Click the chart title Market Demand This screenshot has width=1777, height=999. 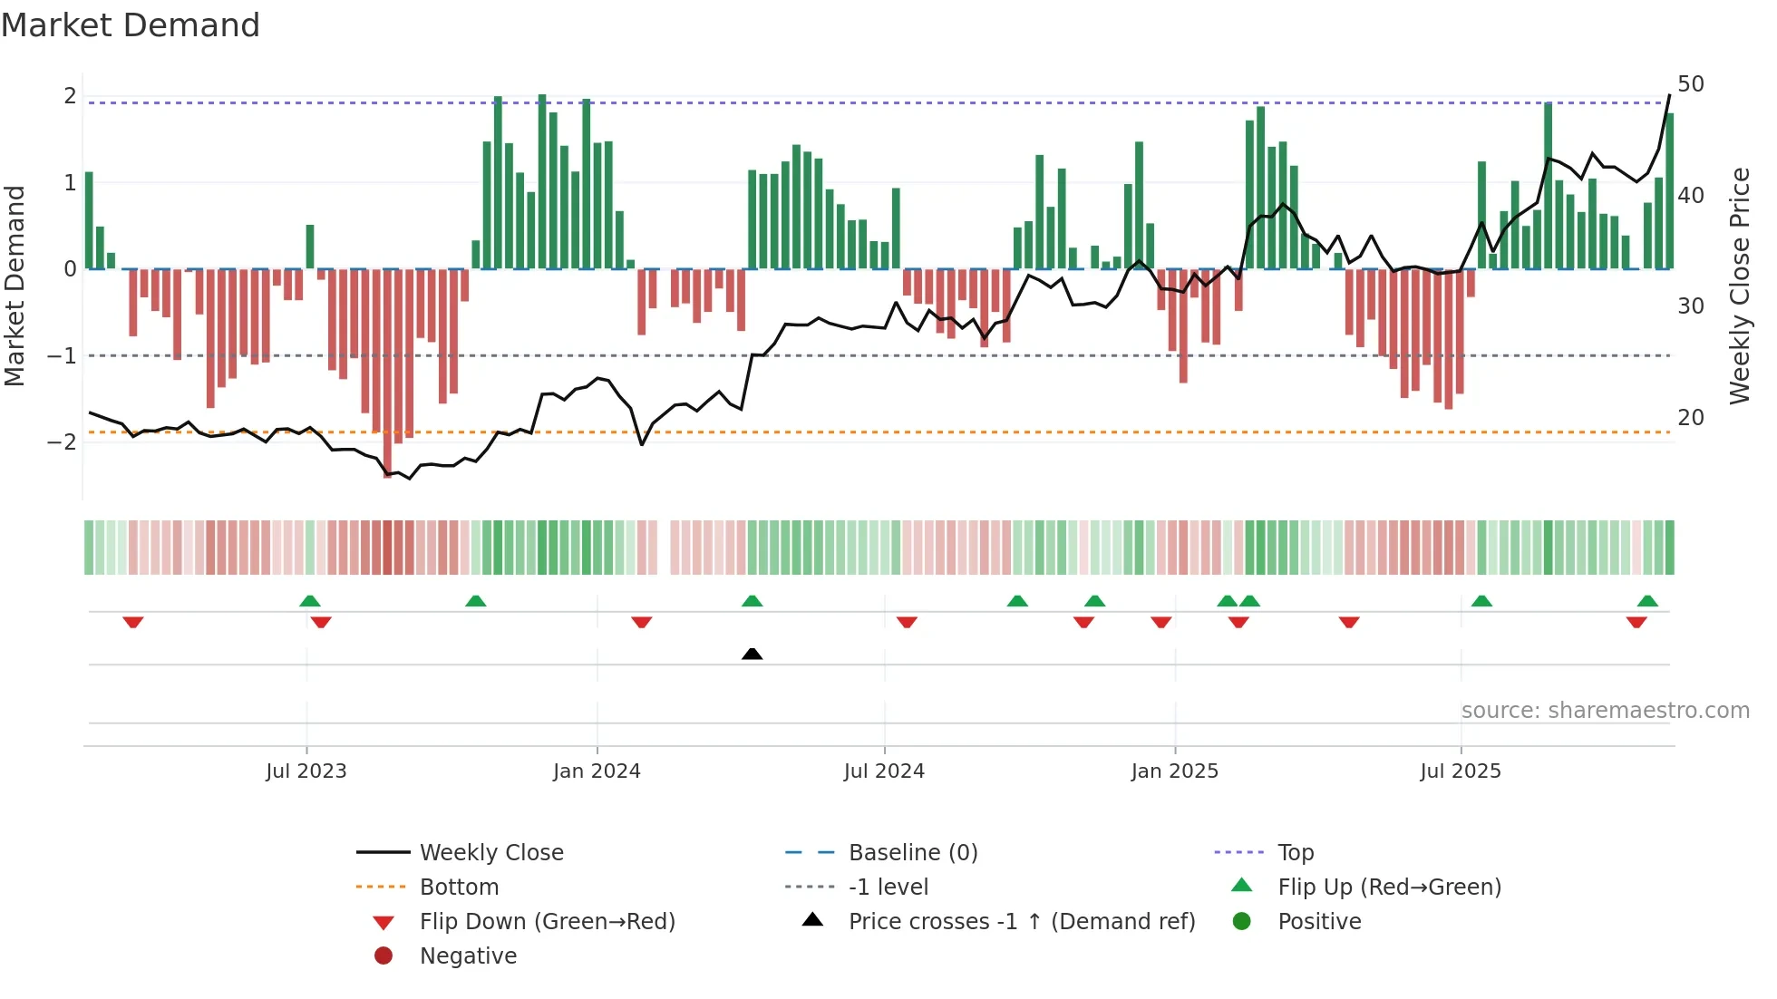click(131, 25)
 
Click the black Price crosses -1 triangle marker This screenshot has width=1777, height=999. click(752, 654)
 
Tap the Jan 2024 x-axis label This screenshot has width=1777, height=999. click(597, 771)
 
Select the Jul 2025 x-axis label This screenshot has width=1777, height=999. click(1461, 771)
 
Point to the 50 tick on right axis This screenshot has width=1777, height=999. click(1690, 84)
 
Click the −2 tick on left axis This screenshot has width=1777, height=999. click(62, 442)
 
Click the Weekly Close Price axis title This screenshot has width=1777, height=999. click(1739, 286)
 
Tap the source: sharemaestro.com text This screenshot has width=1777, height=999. click(1605, 711)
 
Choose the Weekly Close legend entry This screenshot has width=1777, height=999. click(490, 853)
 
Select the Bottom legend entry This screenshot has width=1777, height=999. click(459, 887)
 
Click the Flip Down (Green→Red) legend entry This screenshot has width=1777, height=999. click(547, 922)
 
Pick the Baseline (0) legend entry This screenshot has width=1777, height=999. click(912, 853)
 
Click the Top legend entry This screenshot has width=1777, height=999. click(1296, 853)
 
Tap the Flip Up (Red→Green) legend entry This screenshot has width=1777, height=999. click(1389, 887)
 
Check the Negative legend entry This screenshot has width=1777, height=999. click(468, 956)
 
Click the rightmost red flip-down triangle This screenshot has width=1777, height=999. click(1636, 622)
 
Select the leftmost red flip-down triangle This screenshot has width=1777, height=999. click(133, 622)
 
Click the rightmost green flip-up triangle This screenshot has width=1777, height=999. click(1647, 601)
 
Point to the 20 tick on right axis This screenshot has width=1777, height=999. click(1690, 418)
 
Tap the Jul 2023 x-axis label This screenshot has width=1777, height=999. click(306, 771)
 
